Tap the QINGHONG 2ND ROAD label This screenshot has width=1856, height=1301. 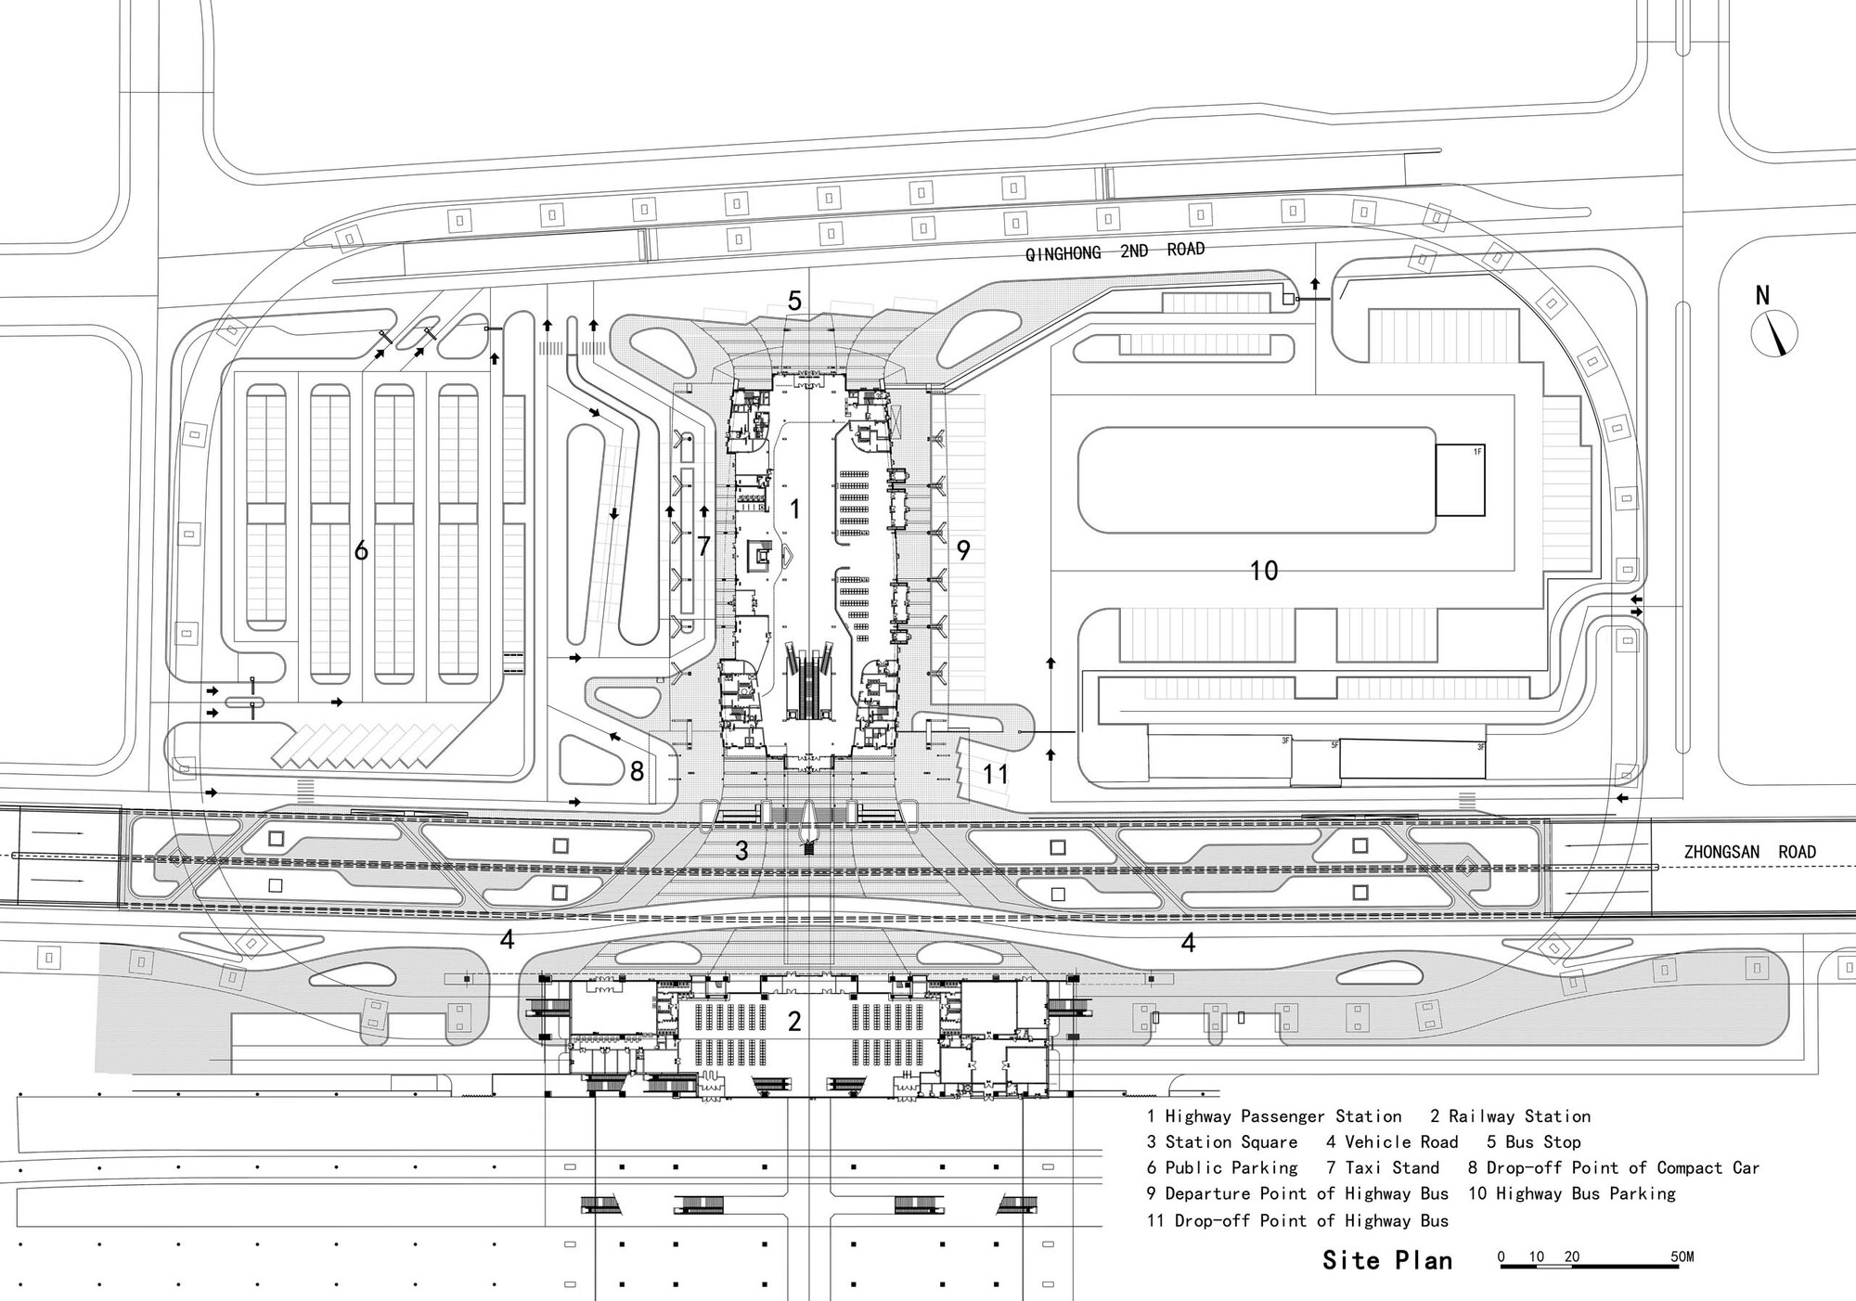point(1115,251)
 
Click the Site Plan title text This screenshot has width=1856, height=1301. point(1387,1259)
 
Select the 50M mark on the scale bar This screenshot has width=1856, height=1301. point(1682,1257)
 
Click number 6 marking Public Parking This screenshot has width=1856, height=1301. point(361,551)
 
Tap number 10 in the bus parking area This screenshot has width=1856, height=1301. point(1264,570)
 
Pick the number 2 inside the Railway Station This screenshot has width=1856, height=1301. point(794,1022)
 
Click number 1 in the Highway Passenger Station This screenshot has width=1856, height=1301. point(794,509)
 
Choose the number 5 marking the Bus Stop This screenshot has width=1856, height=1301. point(794,301)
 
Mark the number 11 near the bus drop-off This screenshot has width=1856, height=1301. point(995,774)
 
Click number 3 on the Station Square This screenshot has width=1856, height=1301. point(741,850)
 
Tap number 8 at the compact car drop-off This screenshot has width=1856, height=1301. point(637,771)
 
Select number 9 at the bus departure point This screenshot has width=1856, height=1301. point(963,550)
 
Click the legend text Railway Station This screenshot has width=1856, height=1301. point(1519,1116)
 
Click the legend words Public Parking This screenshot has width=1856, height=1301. point(1231,1168)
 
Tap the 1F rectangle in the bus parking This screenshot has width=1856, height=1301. point(1460,481)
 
